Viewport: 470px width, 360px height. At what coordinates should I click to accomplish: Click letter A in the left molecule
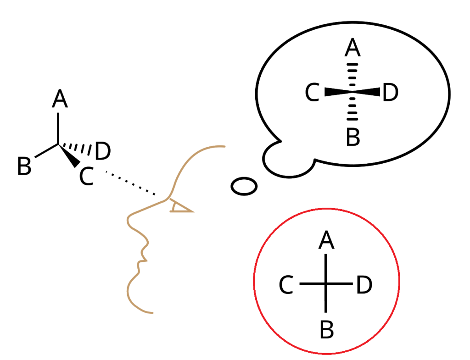(x=60, y=99)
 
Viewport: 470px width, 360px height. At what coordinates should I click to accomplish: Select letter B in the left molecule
(x=24, y=166)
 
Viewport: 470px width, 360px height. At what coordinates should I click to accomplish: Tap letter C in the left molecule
(x=86, y=176)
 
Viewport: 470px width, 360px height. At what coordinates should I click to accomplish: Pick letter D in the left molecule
(x=102, y=152)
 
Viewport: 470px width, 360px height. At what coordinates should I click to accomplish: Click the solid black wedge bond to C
(x=70, y=157)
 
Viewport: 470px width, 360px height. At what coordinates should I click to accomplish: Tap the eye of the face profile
(x=179, y=208)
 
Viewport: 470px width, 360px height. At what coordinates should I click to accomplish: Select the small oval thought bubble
(x=243, y=186)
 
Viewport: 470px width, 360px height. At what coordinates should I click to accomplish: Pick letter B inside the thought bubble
(x=352, y=137)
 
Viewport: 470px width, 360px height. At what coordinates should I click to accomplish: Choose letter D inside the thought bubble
(x=391, y=94)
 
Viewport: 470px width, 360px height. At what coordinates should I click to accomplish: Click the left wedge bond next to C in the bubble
(x=337, y=92)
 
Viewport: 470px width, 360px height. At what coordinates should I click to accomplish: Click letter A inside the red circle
(x=326, y=240)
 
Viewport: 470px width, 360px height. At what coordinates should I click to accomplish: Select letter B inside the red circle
(x=326, y=330)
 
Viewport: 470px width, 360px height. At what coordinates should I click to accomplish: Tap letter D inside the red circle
(x=364, y=285)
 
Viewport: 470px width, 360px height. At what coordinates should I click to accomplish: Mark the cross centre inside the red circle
(x=326, y=284)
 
